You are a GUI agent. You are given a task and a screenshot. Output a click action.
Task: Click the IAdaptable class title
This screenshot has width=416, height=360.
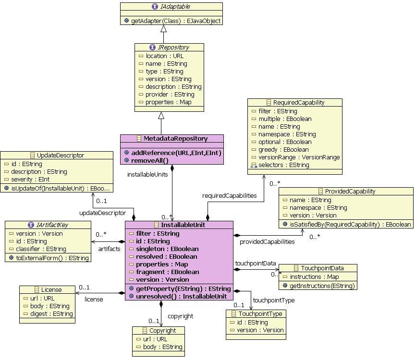171,7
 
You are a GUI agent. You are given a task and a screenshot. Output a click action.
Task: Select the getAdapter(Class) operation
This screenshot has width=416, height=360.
172,21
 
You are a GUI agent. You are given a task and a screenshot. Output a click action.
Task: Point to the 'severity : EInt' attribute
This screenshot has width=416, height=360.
33,179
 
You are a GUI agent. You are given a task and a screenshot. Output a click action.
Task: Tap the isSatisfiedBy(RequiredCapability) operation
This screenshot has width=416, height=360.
346,224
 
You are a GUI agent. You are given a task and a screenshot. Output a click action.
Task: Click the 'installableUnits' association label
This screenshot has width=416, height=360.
147,174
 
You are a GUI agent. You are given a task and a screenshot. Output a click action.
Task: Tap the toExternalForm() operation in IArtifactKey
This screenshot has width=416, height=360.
49,258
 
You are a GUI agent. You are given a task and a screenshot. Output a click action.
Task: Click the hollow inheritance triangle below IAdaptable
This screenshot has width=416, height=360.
164,29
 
